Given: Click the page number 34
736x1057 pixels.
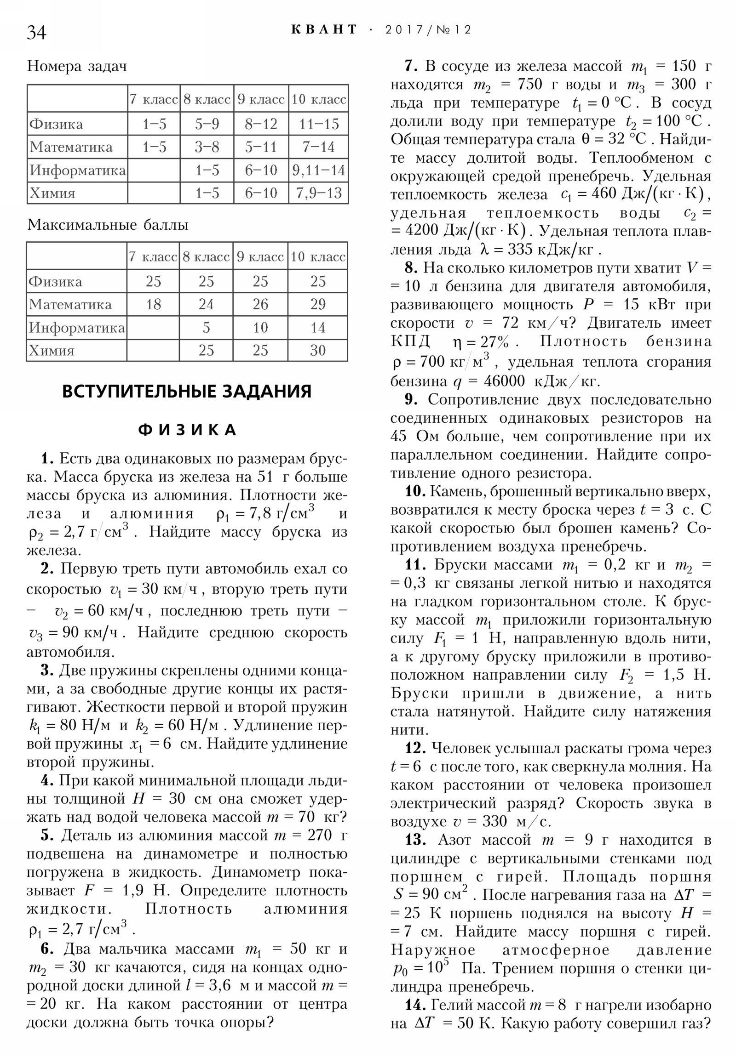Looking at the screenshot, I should point(36,33).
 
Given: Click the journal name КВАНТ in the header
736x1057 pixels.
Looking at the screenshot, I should point(324,30).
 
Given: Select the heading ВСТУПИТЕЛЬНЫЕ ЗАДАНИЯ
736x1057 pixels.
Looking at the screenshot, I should point(187,391).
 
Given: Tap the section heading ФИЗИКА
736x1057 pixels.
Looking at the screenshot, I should point(188,430).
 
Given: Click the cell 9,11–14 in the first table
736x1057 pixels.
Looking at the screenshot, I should point(318,170).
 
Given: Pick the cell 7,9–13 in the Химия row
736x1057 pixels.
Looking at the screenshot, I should point(318,193).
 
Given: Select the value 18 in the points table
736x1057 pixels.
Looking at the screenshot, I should point(154,304).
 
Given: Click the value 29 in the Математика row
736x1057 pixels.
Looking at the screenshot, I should point(317,304).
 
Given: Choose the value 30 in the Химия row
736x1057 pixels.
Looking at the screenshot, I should point(317,350).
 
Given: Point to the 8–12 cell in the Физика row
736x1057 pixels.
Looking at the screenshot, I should point(261,124).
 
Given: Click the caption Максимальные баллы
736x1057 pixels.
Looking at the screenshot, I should point(108,225).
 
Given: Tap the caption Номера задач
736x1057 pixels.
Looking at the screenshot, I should point(77,66).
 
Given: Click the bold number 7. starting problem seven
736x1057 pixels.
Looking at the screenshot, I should point(411,66).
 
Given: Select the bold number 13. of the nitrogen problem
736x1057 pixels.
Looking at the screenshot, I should point(415,840).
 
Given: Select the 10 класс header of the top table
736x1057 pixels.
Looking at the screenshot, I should point(318,99).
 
